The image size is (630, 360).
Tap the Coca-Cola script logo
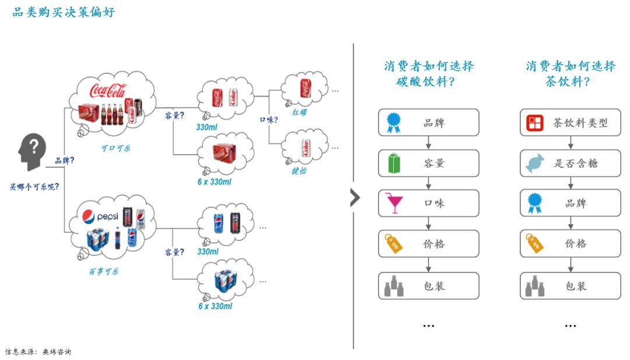[x=107, y=90]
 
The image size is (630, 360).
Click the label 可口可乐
[x=115, y=148]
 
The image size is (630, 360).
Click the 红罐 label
[x=300, y=111]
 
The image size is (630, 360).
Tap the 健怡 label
[x=299, y=171]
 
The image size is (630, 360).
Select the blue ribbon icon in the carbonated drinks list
[x=393, y=123]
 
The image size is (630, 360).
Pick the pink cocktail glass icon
[x=394, y=204]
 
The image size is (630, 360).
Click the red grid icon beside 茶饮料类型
[x=534, y=123]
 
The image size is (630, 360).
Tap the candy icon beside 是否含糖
[x=534, y=163]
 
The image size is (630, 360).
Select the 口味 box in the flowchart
[x=428, y=204]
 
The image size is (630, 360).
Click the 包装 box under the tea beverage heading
[x=570, y=286]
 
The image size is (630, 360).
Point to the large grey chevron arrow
[x=355, y=198]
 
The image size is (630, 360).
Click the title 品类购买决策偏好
[x=64, y=12]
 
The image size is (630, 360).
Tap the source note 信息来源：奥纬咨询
[x=38, y=352]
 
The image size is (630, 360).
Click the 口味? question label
[x=268, y=120]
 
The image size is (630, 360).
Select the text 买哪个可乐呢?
[x=34, y=187]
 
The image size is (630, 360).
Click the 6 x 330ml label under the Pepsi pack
[x=215, y=306]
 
